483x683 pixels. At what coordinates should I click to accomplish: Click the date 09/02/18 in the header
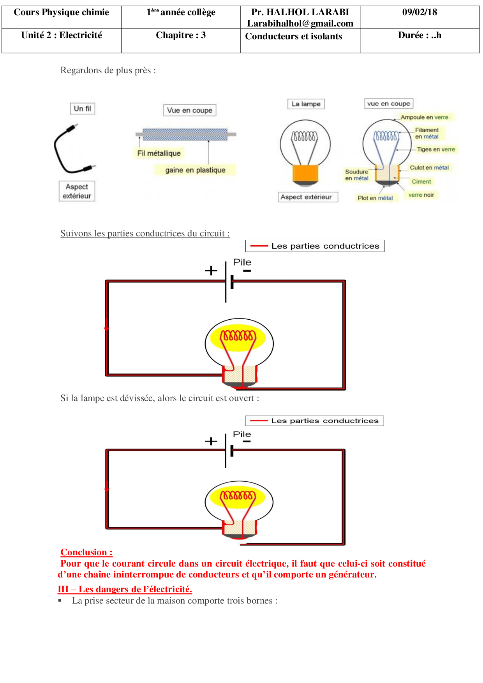[420, 12]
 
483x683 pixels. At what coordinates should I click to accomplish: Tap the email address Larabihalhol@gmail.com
[300, 23]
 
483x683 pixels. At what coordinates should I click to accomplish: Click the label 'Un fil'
[83, 109]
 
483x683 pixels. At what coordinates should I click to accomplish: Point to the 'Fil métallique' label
[159, 153]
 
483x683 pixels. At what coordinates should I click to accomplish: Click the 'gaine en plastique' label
[195, 170]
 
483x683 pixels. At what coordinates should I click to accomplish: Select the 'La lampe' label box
[306, 104]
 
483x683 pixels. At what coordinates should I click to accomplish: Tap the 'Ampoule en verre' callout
[424, 117]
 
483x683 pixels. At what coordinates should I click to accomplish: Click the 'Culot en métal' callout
[429, 167]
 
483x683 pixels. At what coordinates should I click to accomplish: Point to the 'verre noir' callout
[421, 195]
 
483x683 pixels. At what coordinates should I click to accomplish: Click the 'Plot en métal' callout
[375, 198]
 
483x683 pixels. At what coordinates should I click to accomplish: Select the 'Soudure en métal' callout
[356, 175]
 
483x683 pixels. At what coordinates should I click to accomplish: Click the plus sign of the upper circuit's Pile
[211, 270]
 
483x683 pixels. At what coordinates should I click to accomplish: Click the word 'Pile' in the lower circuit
[242, 434]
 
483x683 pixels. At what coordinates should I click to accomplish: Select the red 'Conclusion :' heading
[86, 552]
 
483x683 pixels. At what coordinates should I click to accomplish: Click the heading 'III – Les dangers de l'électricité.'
[125, 589]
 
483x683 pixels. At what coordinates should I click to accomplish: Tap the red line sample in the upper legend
[259, 246]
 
